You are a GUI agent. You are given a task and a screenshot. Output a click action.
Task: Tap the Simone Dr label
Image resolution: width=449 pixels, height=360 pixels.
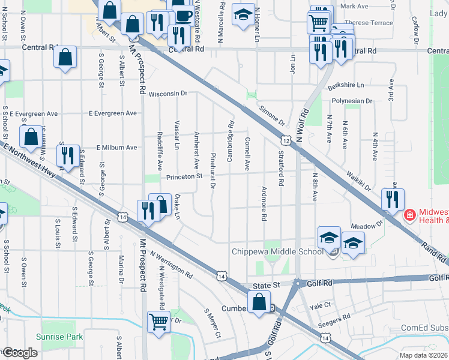pyautogui.click(x=273, y=115)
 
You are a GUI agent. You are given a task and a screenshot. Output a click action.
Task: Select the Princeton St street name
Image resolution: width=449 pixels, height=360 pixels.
pyautogui.click(x=184, y=176)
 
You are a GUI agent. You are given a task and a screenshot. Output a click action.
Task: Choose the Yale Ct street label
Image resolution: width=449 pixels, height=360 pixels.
pyautogui.click(x=320, y=305)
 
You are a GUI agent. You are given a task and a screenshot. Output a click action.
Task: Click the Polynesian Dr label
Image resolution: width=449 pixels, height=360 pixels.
pyautogui.click(x=352, y=101)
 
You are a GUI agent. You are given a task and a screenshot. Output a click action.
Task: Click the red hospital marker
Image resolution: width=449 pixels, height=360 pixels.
pyautogui.click(x=409, y=214)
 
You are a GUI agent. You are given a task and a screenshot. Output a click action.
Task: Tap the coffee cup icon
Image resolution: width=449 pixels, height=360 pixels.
pyautogui.click(x=184, y=13)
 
